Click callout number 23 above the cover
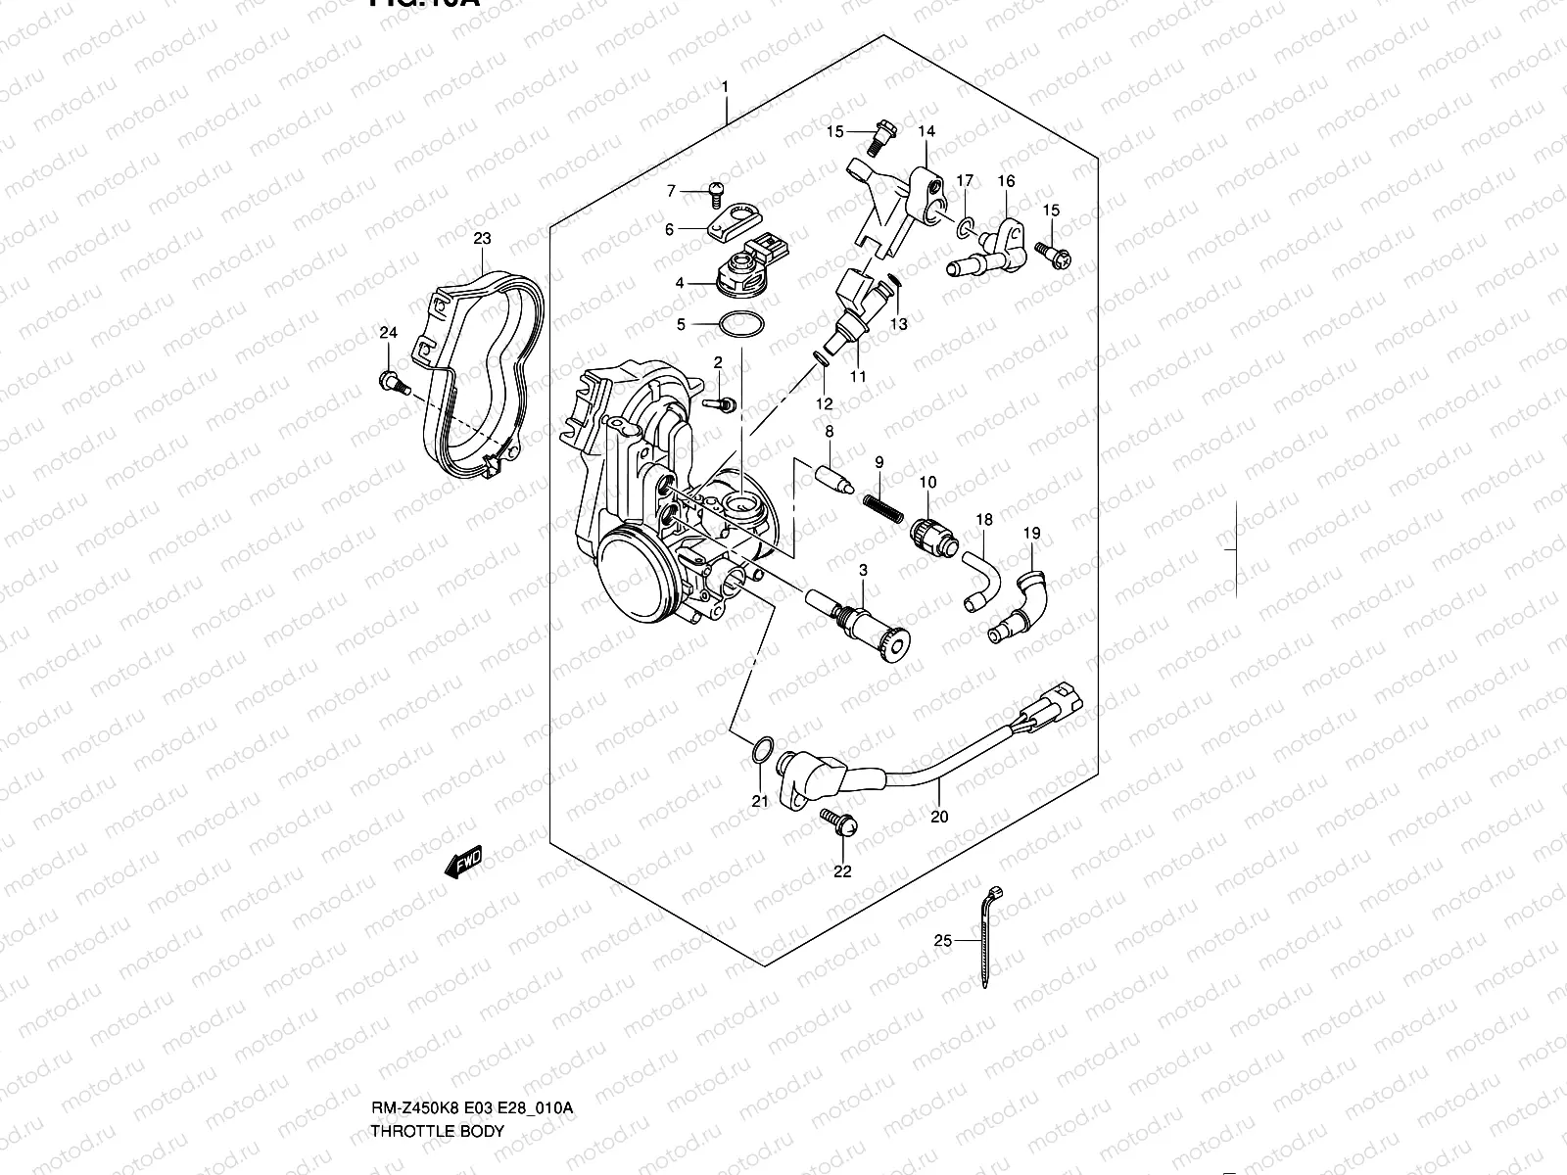(x=482, y=238)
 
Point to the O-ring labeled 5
(x=739, y=323)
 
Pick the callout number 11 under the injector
(x=858, y=376)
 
